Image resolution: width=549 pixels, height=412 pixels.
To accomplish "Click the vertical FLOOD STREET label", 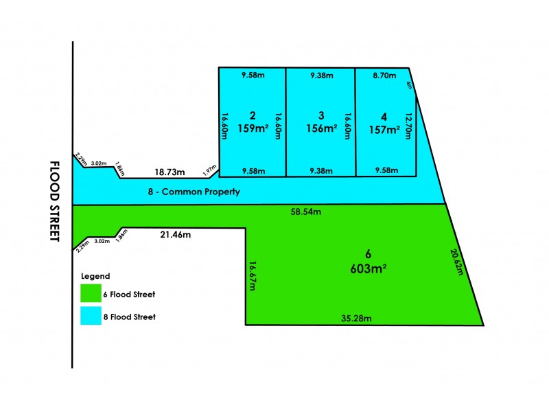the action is pyautogui.click(x=55, y=201).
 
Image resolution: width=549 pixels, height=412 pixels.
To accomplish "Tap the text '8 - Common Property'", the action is pyautogui.click(x=194, y=192).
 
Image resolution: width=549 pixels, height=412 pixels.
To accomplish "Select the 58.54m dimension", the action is pyautogui.click(x=305, y=211).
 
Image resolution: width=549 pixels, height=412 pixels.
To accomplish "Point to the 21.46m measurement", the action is pyautogui.click(x=176, y=234).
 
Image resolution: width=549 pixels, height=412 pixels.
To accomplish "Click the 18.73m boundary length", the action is pyautogui.click(x=170, y=172).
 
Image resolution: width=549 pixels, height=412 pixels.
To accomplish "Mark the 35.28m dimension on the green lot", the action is pyautogui.click(x=356, y=318).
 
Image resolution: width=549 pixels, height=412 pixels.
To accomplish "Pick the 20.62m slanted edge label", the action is pyautogui.click(x=457, y=262).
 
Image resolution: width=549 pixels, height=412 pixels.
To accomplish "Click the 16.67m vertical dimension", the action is pyautogui.click(x=253, y=276).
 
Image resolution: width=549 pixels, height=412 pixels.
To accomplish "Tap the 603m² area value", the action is pyautogui.click(x=369, y=268).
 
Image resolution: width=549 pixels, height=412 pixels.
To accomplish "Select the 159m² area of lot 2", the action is pyautogui.click(x=253, y=128).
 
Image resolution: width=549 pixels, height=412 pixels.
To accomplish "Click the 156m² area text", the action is pyautogui.click(x=322, y=128).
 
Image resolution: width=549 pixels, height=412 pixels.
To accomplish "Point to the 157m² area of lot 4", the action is pyautogui.click(x=384, y=130).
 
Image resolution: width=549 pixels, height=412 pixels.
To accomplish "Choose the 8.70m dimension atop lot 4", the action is pyautogui.click(x=384, y=76).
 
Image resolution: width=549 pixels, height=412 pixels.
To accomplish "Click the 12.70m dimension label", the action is pyautogui.click(x=408, y=126).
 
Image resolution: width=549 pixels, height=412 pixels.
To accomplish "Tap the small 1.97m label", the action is pyautogui.click(x=210, y=170).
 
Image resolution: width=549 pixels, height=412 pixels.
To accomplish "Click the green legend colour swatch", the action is pyautogui.click(x=91, y=293).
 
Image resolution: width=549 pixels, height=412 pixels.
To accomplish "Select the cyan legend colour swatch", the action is pyautogui.click(x=91, y=316).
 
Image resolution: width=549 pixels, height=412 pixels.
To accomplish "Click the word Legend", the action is pyautogui.click(x=95, y=276).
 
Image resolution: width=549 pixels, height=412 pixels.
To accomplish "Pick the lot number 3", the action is pyautogui.click(x=321, y=115).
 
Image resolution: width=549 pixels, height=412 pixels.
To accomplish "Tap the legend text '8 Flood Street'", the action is pyautogui.click(x=129, y=317).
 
